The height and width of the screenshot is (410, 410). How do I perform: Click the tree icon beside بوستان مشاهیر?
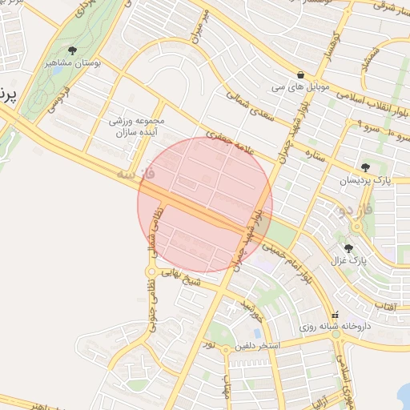coord(73,50)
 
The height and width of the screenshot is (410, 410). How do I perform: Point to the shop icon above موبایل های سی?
coord(299,74)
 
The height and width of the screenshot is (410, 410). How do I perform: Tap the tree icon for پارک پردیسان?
coord(366,167)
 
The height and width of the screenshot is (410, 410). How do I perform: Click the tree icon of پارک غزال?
coord(348,248)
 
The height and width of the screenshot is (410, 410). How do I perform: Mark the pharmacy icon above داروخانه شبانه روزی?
coord(335,314)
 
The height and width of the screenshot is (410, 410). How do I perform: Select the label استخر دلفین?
coord(255,347)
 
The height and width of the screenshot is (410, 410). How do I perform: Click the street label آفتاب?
coord(387,307)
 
